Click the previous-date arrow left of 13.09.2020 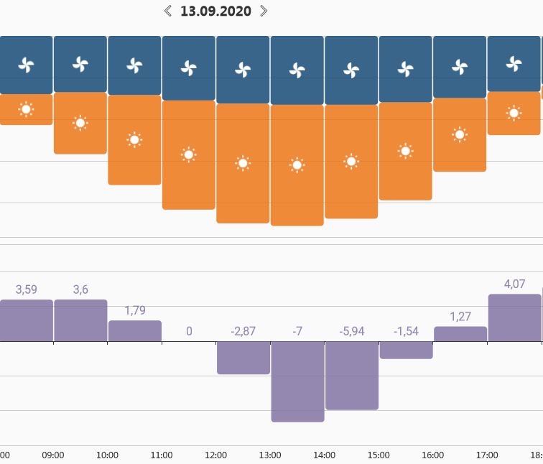(x=168, y=11)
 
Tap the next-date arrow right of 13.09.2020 (x=264, y=11)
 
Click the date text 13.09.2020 (x=215, y=11)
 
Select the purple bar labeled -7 (x=297, y=381)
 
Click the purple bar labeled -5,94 (x=351, y=375)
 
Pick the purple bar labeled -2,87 (x=243, y=357)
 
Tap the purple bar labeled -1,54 (x=406, y=349)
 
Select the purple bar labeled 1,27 (x=460, y=334)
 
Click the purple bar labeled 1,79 (x=134, y=331)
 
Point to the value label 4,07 (x=514, y=284)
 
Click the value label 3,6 (x=80, y=289)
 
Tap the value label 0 (x=189, y=331)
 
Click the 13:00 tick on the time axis (x=269, y=455)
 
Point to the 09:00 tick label (x=53, y=455)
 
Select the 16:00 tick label (x=432, y=455)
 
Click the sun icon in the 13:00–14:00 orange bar (x=297, y=165)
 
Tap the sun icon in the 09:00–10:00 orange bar (x=80, y=123)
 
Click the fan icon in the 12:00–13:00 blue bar (x=243, y=70)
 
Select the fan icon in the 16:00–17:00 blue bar (x=460, y=67)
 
